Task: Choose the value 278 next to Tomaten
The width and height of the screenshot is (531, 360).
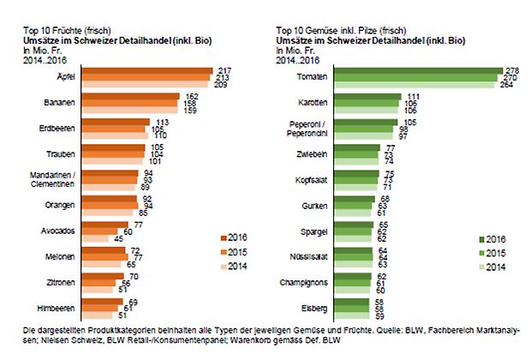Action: coord(513,69)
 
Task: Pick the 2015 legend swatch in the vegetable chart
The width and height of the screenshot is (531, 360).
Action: coord(478,255)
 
